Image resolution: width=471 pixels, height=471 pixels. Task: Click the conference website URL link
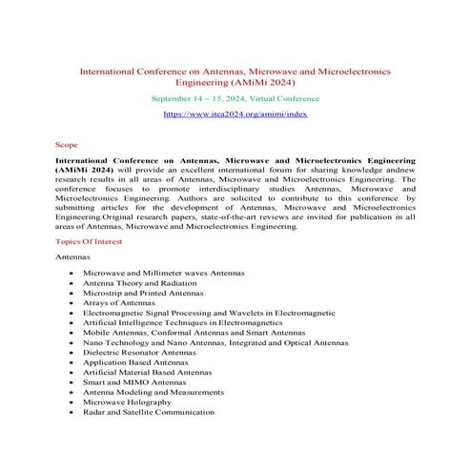pos(235,113)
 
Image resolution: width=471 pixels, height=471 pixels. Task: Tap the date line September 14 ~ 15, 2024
pos(235,97)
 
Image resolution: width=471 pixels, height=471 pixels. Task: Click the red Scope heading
pos(67,146)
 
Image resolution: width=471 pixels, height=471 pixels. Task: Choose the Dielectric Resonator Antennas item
pos(144,353)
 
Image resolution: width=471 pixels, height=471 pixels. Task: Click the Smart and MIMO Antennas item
pos(137,387)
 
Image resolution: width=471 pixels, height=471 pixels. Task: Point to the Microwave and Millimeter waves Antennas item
pos(164,273)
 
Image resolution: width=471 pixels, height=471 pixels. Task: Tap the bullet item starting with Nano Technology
pos(215,341)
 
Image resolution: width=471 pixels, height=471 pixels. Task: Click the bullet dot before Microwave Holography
pos(72,410)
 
